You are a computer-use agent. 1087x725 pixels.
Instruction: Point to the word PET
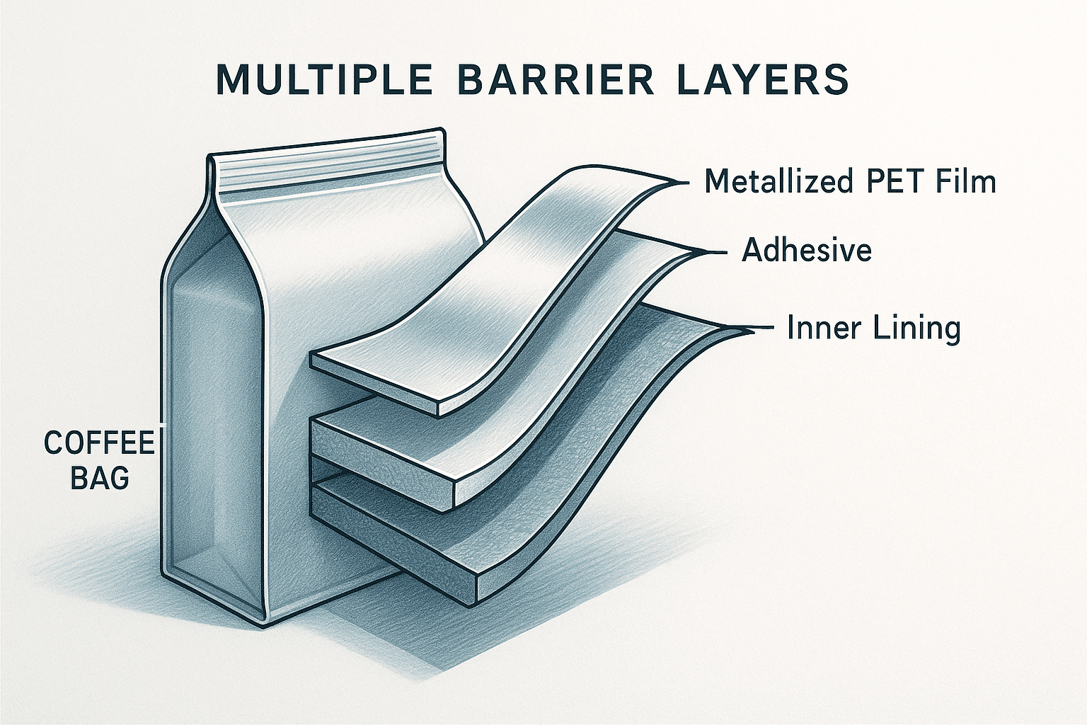coord(895,182)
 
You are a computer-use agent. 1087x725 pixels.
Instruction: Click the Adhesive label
coord(807,251)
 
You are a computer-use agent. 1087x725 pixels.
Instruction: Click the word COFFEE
coord(99,443)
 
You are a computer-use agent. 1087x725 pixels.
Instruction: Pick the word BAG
coord(100,479)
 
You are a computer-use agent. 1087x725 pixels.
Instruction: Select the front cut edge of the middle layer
coord(382,460)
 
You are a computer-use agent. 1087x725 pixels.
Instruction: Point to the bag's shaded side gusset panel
coord(212,425)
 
